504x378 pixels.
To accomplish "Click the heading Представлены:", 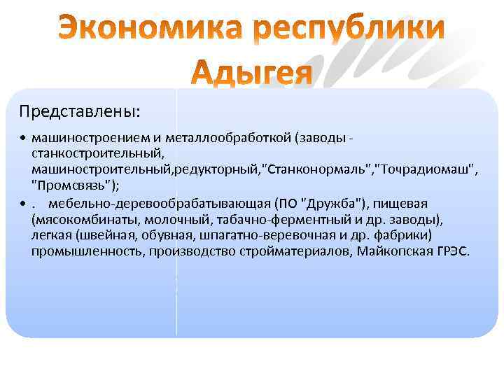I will click(x=79, y=111).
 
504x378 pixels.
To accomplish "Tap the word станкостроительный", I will click(x=96, y=150).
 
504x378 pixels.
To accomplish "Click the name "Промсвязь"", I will click(x=71, y=184).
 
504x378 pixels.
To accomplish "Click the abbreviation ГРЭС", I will click(x=451, y=251).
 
